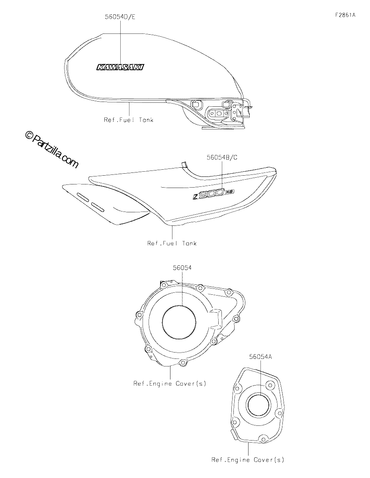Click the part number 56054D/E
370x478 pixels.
(x=120, y=17)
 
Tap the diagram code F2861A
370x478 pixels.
(x=345, y=15)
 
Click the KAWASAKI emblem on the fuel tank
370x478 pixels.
(x=120, y=67)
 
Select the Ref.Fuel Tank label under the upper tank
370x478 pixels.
(x=128, y=120)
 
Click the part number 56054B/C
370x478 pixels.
(x=222, y=157)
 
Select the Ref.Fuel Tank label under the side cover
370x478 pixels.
(x=172, y=243)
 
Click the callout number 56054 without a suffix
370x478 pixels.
(x=182, y=268)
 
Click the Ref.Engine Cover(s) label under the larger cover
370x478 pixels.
(x=170, y=384)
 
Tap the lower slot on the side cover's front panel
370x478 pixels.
(x=98, y=207)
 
